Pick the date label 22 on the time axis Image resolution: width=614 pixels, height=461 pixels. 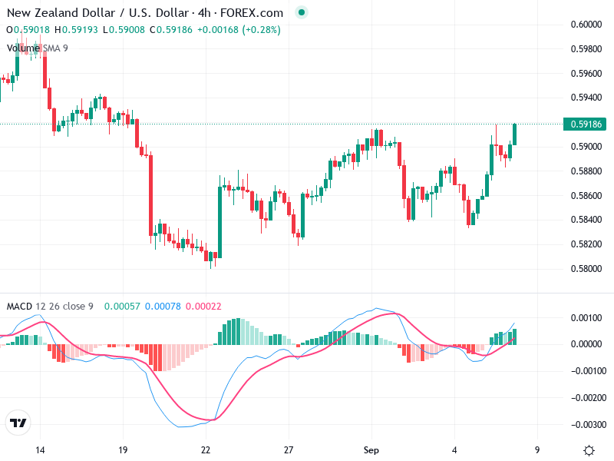point(206,450)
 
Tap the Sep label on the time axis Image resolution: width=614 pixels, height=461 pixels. point(371,450)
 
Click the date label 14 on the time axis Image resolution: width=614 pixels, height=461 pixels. point(41,450)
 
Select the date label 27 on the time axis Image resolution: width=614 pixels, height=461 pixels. point(289,450)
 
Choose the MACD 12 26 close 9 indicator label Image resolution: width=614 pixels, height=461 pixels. point(50,307)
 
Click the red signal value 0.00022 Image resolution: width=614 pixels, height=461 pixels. point(203,307)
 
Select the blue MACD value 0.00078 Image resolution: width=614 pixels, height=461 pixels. point(162,307)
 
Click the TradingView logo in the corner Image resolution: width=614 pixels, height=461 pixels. point(18,423)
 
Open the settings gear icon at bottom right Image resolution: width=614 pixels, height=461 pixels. point(589,450)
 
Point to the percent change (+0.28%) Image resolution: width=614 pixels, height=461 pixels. point(262,30)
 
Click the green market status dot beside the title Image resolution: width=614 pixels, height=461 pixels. point(301,12)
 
